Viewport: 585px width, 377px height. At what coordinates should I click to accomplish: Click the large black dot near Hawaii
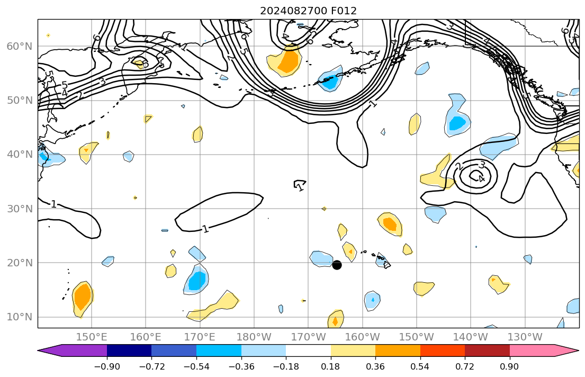coord(337,265)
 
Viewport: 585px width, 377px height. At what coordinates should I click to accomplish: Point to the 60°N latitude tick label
coord(19,46)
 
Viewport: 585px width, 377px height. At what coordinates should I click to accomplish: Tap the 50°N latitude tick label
coord(19,100)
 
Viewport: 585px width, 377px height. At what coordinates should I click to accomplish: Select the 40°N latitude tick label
coord(19,155)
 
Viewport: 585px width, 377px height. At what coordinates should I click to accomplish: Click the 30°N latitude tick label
coord(19,209)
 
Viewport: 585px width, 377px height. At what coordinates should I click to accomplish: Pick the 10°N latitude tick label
coord(19,317)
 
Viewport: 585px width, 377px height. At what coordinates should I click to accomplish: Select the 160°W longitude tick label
coord(363,337)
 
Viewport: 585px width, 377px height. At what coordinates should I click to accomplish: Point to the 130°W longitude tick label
coord(525,337)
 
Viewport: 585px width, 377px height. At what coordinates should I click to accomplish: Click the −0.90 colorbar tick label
coord(107,366)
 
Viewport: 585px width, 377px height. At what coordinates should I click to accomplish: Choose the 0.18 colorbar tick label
coord(331,366)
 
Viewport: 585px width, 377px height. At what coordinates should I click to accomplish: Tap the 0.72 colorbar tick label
coord(465,366)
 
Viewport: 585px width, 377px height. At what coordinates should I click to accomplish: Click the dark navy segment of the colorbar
coord(129,351)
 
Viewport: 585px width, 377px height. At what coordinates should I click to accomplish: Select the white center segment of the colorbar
coord(308,351)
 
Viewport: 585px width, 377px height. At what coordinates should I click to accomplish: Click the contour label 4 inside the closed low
coord(481,178)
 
